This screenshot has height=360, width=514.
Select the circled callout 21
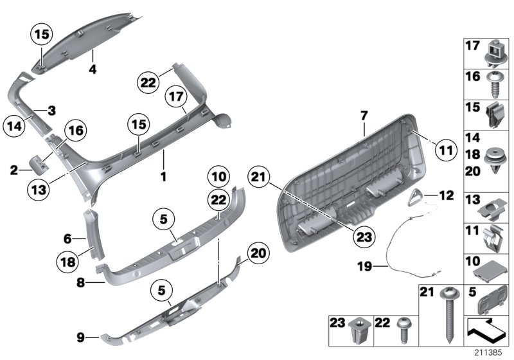click(x=259, y=177)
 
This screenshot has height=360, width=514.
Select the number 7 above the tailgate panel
click(x=363, y=116)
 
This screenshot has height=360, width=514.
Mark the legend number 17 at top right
click(x=472, y=46)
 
